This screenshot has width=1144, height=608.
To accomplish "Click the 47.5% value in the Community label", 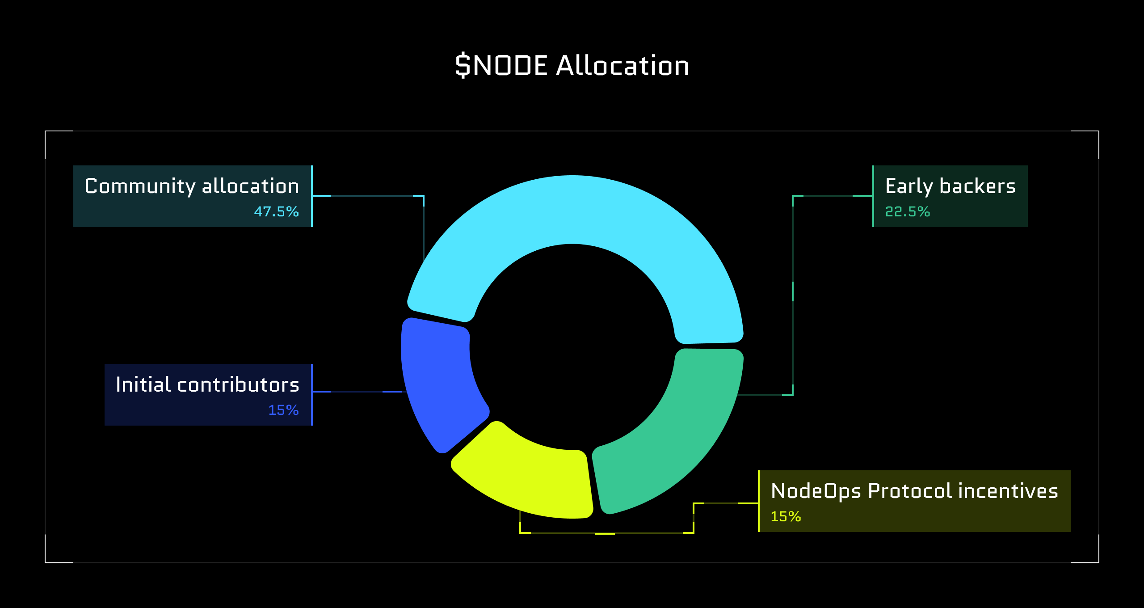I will (276, 211).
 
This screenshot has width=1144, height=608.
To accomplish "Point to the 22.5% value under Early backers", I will (907, 211).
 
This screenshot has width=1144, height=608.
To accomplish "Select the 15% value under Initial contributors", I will (283, 410).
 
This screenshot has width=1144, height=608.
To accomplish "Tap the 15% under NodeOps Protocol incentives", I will (786, 516).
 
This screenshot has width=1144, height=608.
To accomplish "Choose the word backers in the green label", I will (977, 186).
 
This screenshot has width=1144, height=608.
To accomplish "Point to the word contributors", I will (238, 385).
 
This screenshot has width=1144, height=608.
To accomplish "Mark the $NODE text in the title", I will (501, 66).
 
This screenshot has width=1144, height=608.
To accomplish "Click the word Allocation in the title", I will (622, 66).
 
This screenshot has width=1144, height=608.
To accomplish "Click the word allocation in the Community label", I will (250, 186).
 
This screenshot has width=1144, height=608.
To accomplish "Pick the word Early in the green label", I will (909, 186).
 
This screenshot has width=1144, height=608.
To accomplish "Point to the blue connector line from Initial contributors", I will (357, 392).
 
